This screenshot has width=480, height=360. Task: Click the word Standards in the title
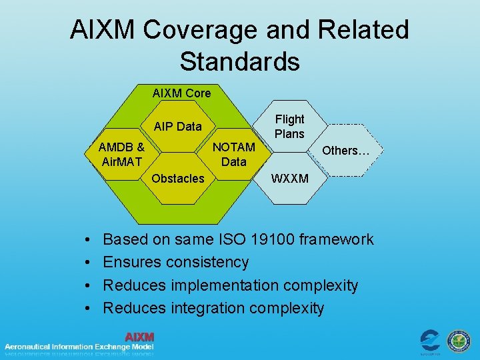pos(239,61)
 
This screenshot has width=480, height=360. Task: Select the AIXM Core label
pos(181,93)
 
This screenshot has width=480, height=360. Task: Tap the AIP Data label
pos(177,127)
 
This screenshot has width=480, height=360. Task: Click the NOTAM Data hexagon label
pos(233,154)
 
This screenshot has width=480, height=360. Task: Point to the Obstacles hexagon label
pos(178,178)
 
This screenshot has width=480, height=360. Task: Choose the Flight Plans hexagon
pos(289,127)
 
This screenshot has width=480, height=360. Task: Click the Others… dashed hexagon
pos(346,150)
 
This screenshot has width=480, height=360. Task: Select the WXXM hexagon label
pos(290,179)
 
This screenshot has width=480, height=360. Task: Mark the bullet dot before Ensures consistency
pos(89,263)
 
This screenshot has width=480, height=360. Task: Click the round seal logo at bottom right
pos(458,341)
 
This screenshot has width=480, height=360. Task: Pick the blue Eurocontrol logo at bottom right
pos(430,341)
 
